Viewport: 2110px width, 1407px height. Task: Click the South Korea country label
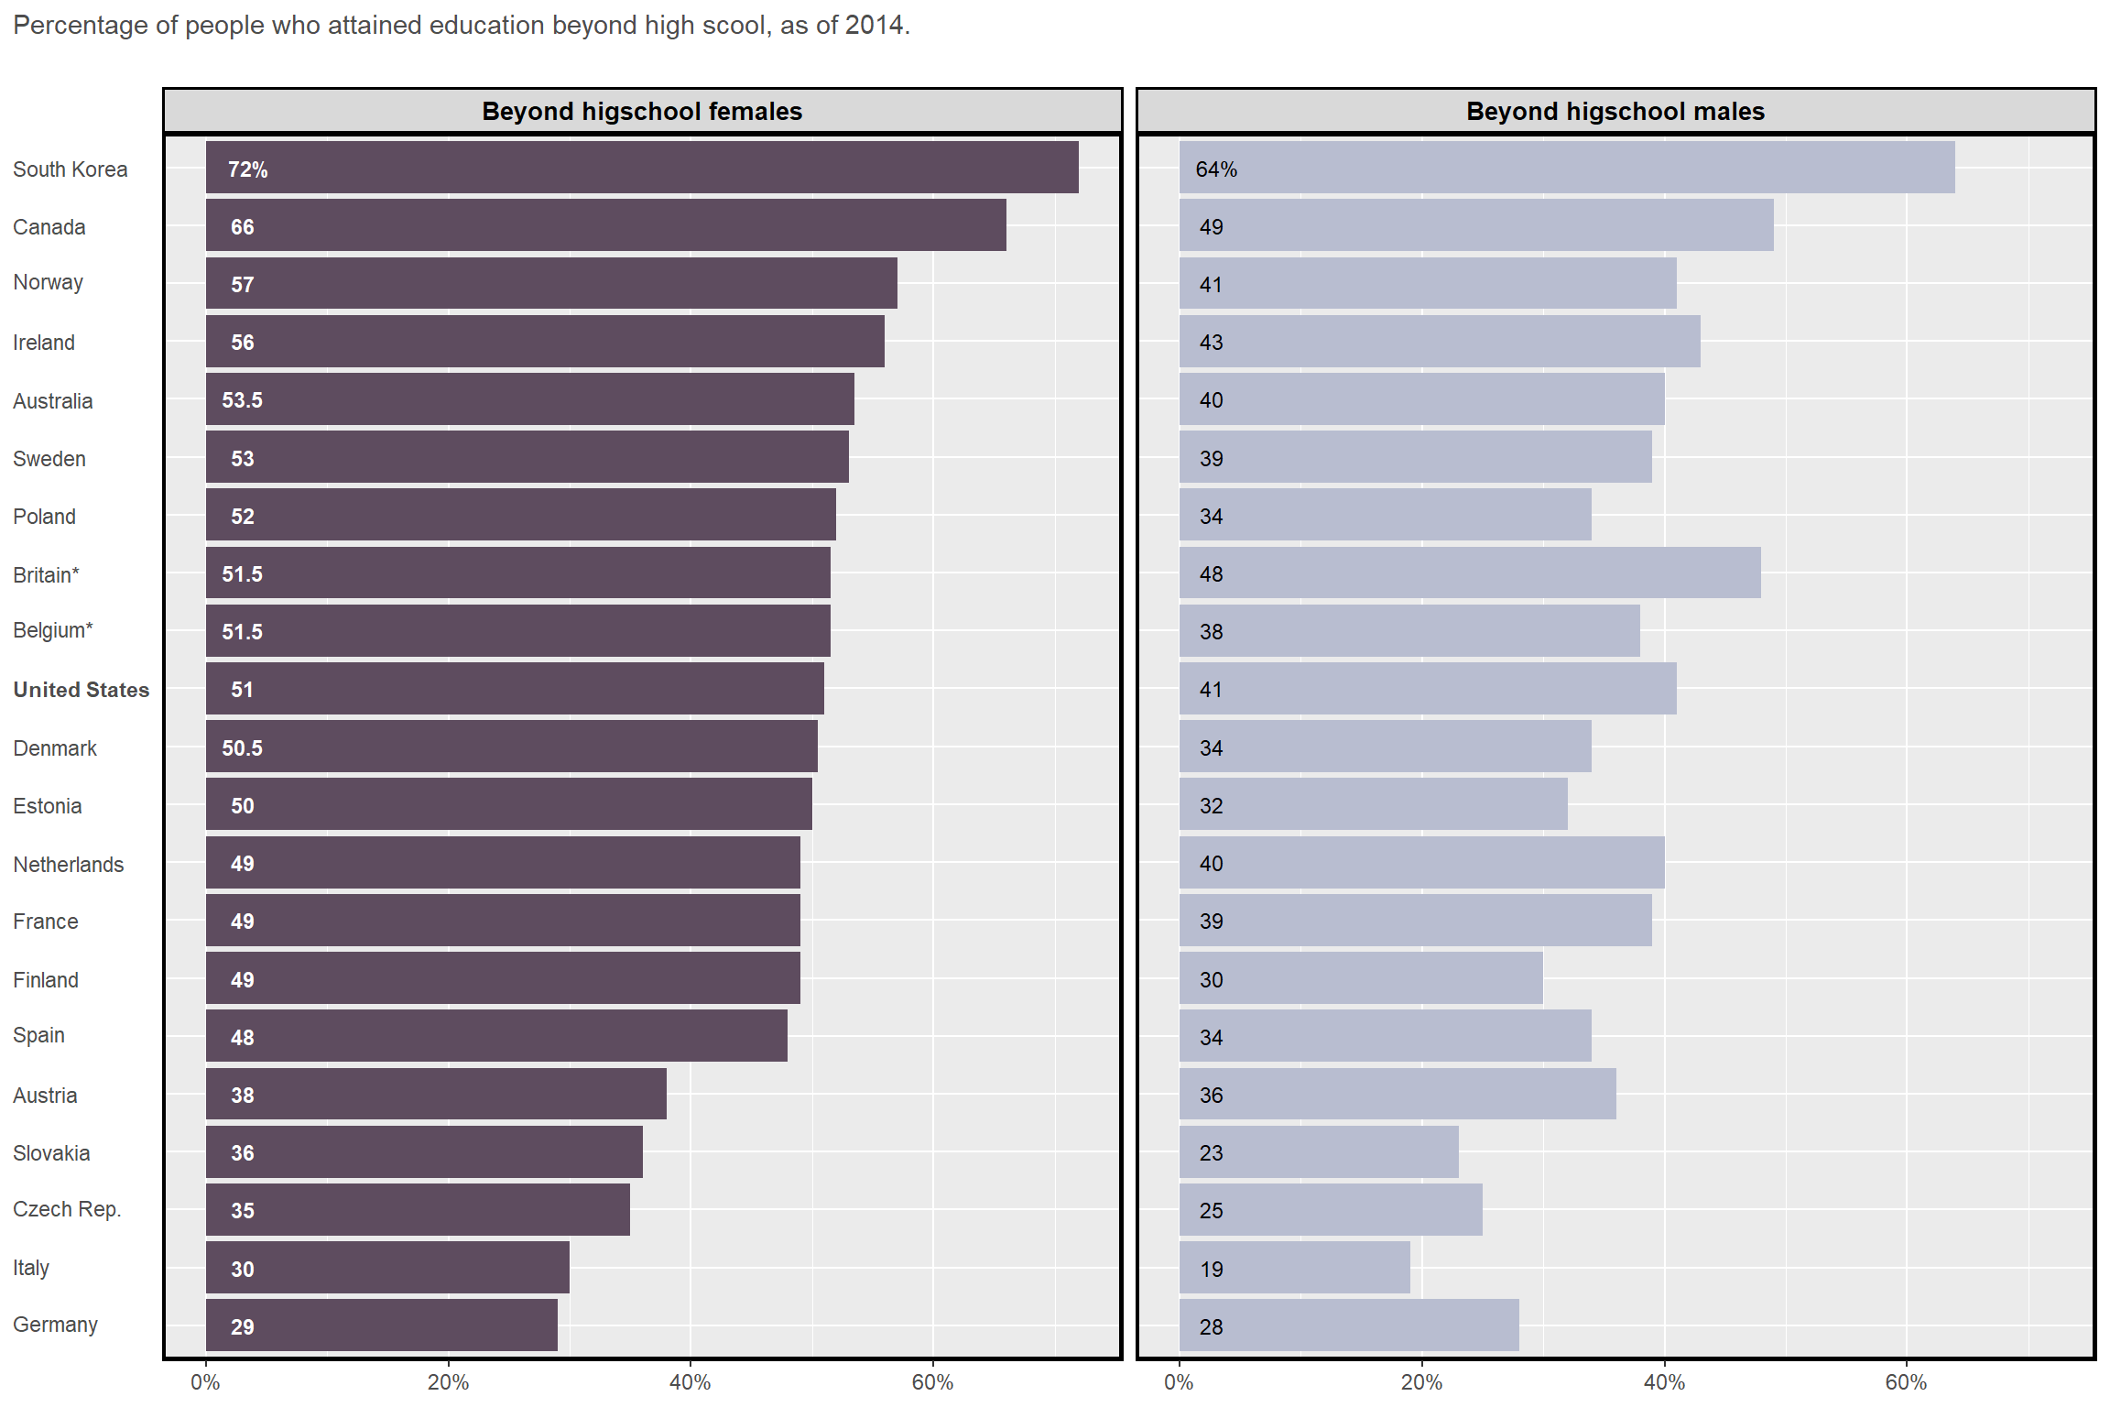70,169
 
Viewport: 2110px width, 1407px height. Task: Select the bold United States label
81,690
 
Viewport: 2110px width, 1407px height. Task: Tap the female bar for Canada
605,225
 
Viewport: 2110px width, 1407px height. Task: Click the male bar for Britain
1469,573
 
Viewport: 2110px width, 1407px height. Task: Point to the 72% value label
247,169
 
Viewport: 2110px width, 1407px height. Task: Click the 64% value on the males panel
1215,169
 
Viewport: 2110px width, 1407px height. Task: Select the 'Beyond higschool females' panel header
642,112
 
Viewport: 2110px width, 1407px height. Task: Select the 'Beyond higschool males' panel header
1615,112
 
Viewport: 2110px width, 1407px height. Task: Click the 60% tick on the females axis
932,1382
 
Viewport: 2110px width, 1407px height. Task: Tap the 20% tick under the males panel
1421,1382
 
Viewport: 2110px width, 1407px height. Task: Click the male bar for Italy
1294,1268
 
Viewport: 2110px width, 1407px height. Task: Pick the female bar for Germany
381,1325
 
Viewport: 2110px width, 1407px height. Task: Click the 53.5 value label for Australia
242,400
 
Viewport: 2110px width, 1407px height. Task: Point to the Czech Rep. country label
67,1209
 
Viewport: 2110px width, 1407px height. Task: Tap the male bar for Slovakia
1318,1152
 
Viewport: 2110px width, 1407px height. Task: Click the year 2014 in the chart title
874,25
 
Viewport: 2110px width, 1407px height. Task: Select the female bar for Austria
436,1094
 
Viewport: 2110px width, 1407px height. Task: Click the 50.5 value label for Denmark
242,748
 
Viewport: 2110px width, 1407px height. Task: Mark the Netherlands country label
68,865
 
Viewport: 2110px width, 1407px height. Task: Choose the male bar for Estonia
1373,804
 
